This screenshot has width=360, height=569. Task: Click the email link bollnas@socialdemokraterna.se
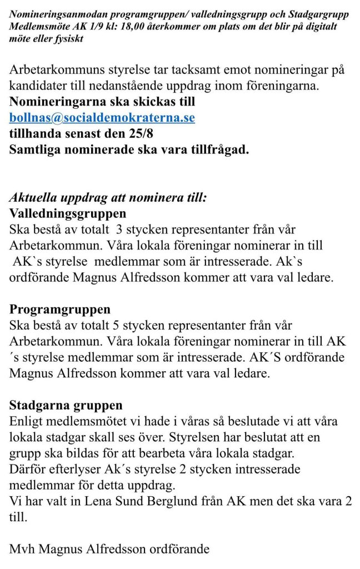[102, 118]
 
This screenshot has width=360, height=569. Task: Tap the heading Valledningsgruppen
[68, 213]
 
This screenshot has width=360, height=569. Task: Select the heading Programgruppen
[60, 309]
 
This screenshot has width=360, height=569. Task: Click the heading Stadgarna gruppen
[66, 405]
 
